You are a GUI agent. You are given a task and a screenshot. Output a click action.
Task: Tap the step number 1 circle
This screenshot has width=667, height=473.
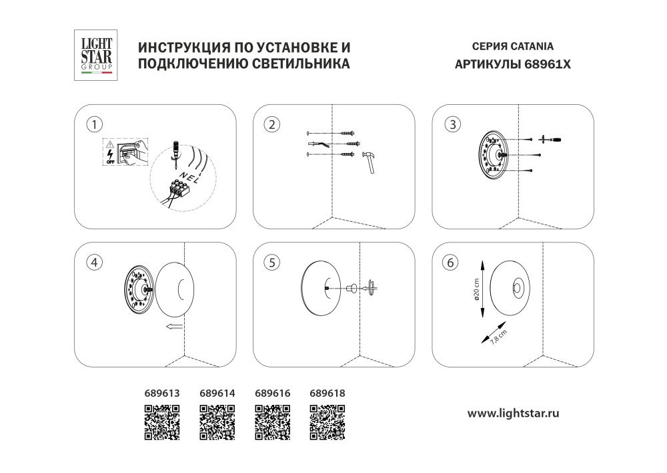point(96,124)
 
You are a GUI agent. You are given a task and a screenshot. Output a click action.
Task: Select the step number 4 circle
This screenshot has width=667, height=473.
point(96,263)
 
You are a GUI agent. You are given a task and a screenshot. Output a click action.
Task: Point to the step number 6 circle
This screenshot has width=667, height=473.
point(453,263)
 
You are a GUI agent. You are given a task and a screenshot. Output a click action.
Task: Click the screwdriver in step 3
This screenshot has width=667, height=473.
point(550,139)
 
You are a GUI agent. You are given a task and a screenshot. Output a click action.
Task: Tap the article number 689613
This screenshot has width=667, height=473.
point(162,393)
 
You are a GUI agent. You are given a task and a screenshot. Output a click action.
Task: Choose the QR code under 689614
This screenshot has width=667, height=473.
point(217,423)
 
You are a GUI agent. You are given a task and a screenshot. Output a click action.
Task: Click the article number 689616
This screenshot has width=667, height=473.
point(273,393)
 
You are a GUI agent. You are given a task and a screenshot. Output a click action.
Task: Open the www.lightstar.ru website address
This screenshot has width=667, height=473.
point(513,414)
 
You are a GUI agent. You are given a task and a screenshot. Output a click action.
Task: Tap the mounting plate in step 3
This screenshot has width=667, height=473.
point(494,154)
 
